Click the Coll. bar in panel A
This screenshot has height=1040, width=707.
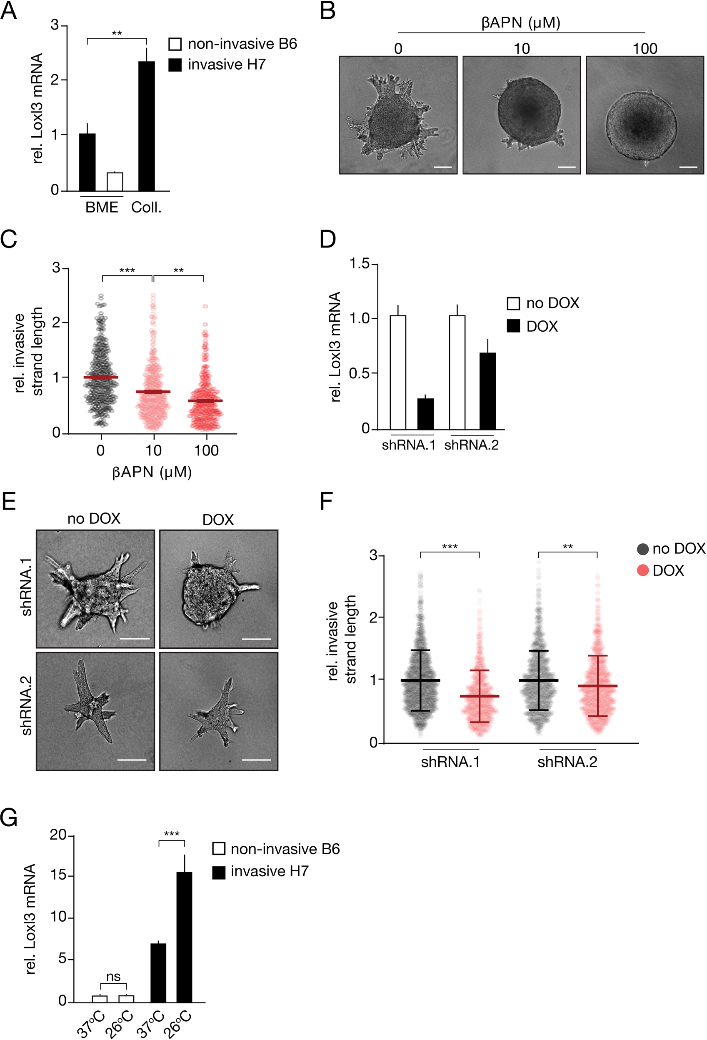[146, 126]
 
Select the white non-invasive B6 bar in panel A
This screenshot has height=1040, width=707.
[115, 182]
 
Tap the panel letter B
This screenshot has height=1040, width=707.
[327, 11]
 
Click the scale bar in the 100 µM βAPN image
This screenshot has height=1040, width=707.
[688, 167]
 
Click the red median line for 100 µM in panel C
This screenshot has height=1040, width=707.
[205, 400]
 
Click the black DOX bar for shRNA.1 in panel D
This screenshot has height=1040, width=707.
[425, 413]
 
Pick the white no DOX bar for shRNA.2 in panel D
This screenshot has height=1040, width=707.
[457, 372]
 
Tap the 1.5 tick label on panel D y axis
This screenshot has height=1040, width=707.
[359, 264]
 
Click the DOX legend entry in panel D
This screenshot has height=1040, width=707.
[532, 327]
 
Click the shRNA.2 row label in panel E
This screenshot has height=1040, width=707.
[26, 712]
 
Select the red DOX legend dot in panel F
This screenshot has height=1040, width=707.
[642, 570]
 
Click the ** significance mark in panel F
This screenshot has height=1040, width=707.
[567, 547]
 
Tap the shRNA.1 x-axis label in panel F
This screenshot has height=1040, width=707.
[450, 762]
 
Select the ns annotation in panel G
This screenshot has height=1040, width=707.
[113, 976]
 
